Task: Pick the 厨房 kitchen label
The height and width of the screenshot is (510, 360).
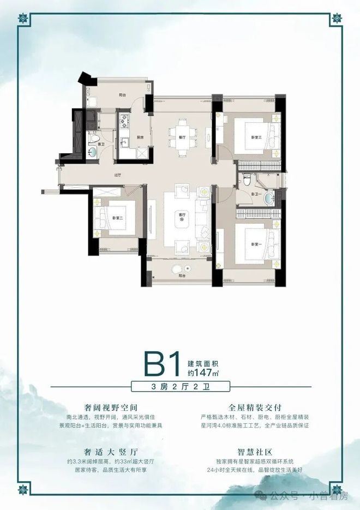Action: click(140, 137)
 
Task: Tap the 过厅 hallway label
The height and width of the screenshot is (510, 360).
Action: click(117, 176)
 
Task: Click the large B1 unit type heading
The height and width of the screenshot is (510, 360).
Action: click(162, 363)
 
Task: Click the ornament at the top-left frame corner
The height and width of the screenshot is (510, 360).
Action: click(23, 20)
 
